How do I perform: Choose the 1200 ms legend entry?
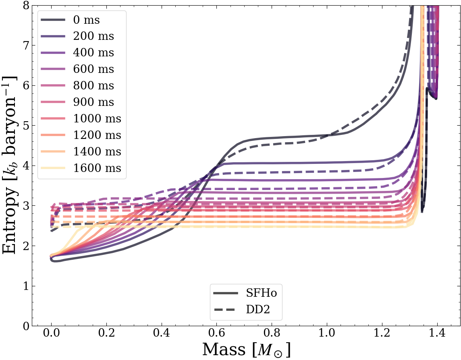click(x=97, y=135)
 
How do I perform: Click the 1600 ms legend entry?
click(x=97, y=168)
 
